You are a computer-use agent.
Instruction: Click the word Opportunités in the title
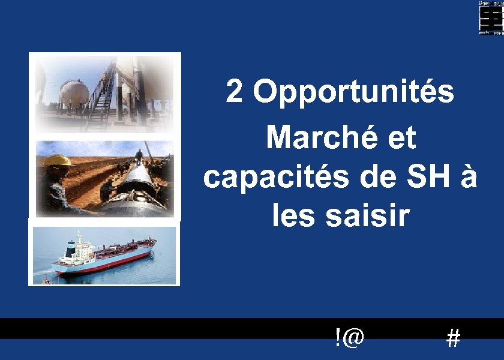(353, 93)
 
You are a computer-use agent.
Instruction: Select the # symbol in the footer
(454, 340)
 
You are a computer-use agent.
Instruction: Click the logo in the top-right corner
(490, 17)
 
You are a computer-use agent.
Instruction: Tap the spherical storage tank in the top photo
(73, 93)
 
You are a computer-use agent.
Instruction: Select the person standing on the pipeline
(139, 157)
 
